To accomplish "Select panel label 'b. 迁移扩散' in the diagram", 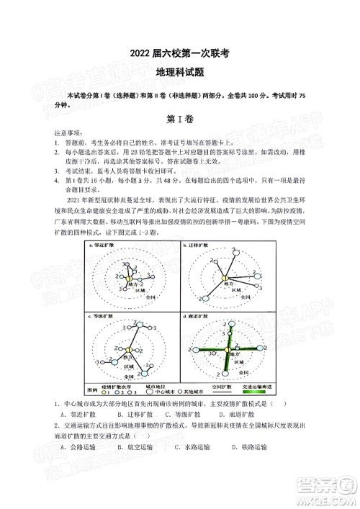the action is pos(199,246).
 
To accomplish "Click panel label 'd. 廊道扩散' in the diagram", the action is pos(199,316).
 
